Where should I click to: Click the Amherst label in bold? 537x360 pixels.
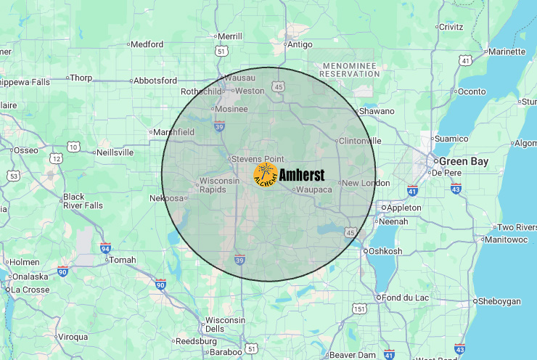[301, 174]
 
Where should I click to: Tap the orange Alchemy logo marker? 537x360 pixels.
[266, 174]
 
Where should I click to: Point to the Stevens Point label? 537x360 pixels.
[257, 158]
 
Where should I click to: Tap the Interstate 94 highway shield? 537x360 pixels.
[105, 247]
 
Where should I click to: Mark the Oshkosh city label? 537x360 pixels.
[385, 251]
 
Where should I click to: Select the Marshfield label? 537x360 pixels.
[174, 132]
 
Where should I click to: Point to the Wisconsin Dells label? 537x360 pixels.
[225, 324]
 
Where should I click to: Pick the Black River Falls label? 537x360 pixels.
[83, 201]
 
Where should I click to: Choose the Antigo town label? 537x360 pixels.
[300, 44]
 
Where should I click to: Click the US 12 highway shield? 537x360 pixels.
[57, 158]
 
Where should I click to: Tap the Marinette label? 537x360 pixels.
[507, 52]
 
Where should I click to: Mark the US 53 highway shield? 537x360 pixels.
[14, 176]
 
